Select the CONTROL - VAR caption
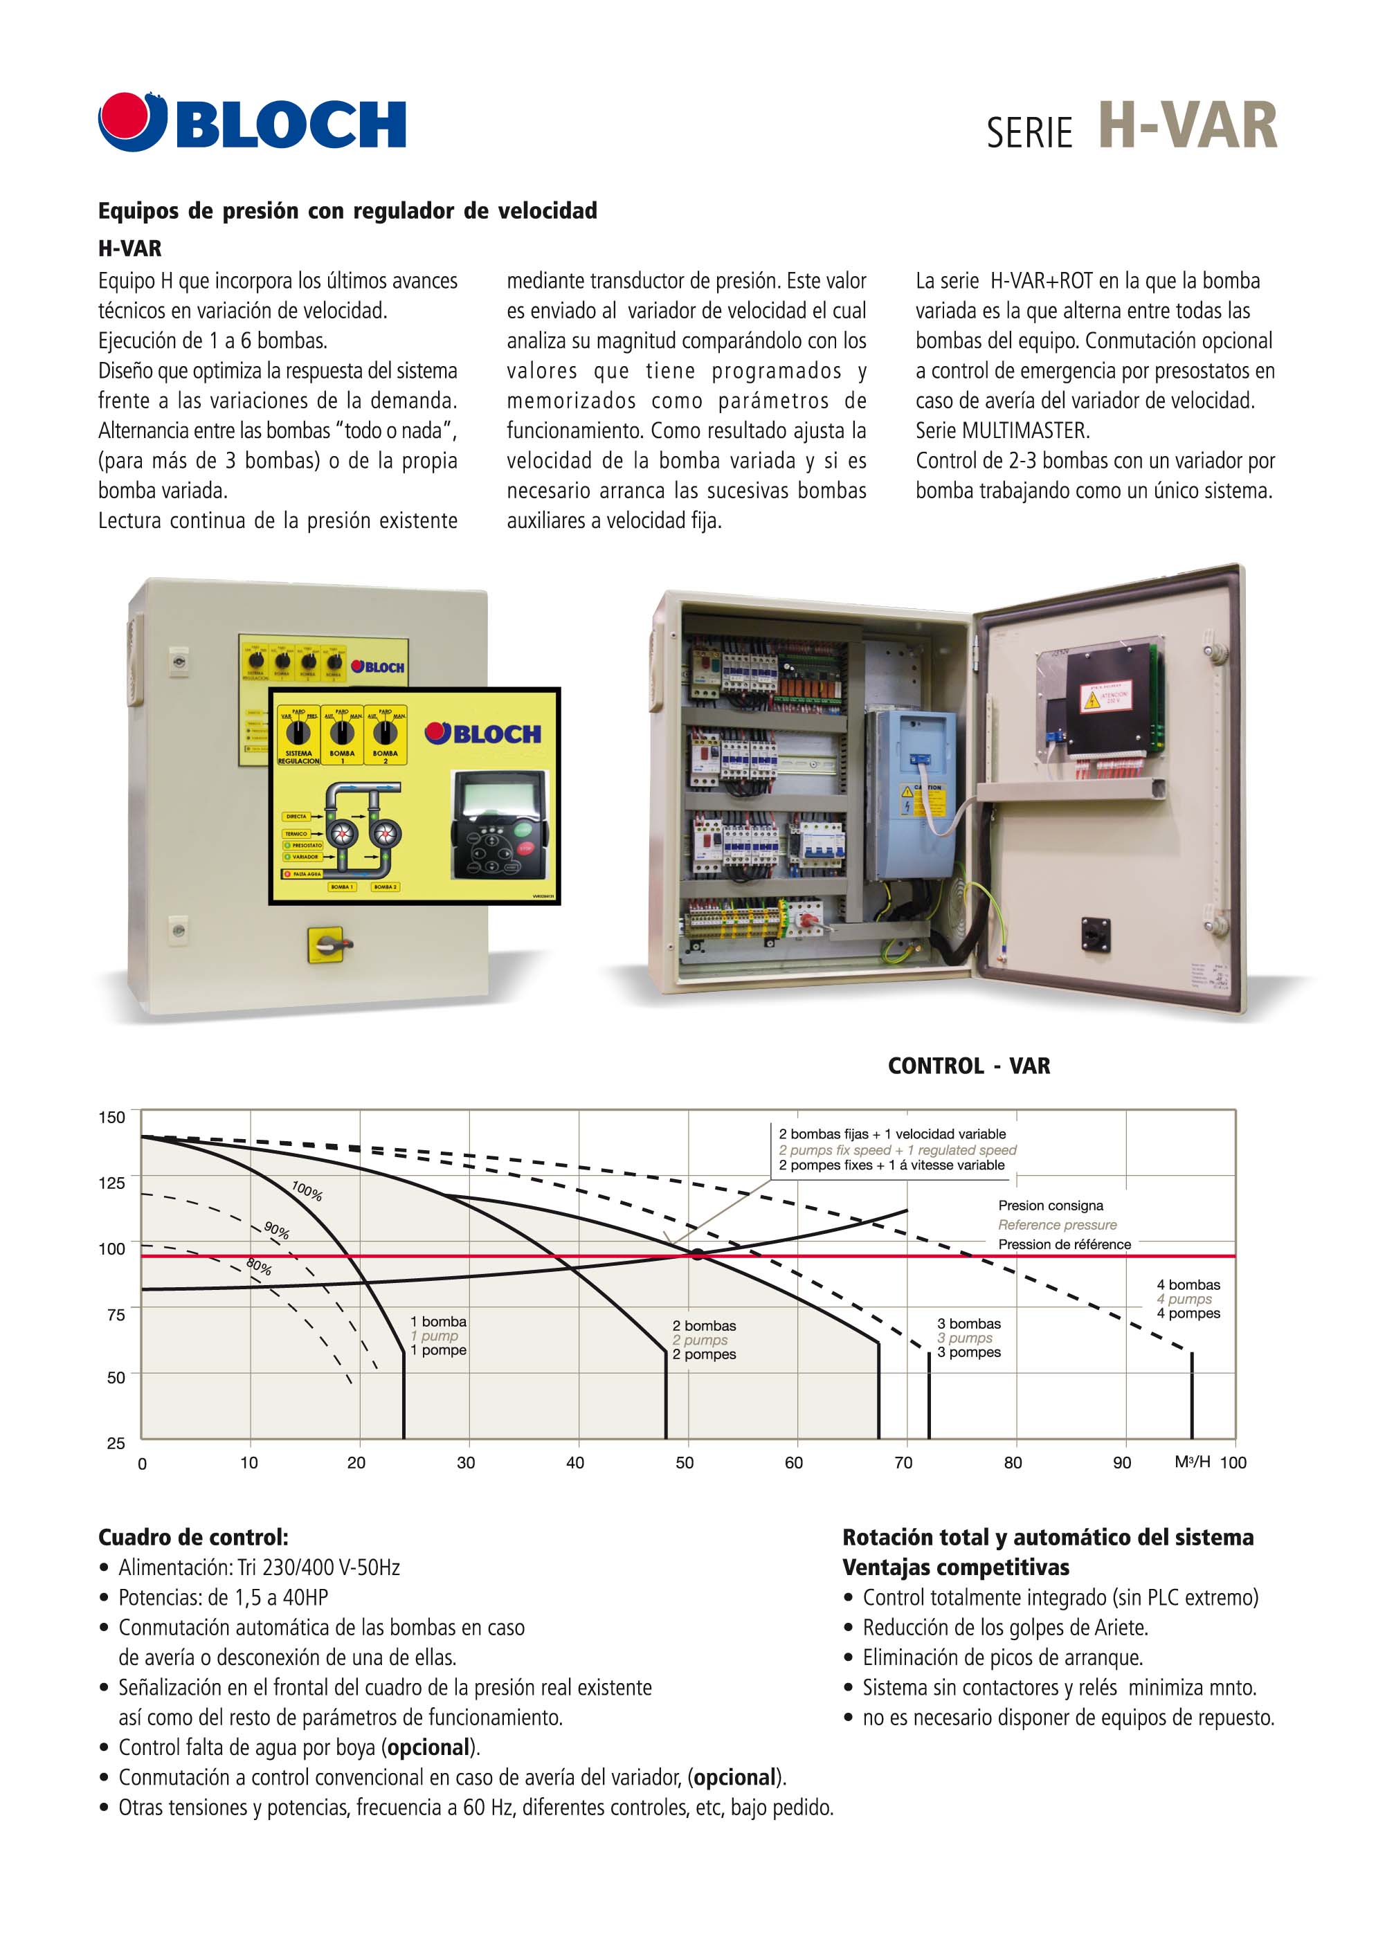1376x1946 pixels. [968, 1066]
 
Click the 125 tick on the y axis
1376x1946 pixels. [112, 1183]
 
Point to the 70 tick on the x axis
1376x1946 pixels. [904, 1463]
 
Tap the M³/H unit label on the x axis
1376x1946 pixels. [1192, 1461]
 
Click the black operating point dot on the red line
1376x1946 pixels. [697, 1253]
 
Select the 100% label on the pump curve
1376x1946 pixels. [307, 1191]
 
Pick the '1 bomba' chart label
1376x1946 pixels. [438, 1321]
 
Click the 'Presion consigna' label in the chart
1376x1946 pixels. [1051, 1206]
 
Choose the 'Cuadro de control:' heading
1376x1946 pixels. [193, 1538]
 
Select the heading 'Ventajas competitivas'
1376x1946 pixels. [955, 1567]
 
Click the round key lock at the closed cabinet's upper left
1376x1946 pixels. [178, 660]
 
